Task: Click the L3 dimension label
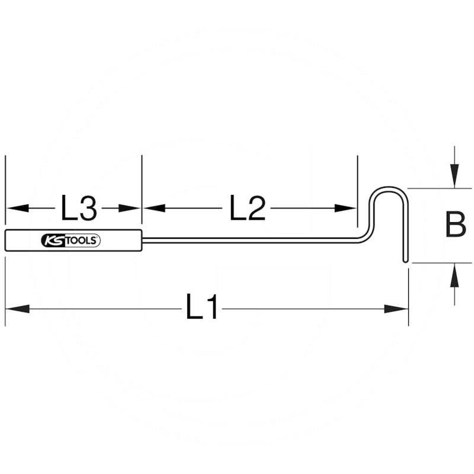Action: click(x=79, y=208)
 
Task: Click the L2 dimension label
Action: click(x=248, y=208)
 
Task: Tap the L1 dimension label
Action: click(x=202, y=307)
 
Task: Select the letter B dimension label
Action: click(x=456, y=225)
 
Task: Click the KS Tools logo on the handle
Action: click(x=71, y=241)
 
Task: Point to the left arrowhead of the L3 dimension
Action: click(x=17, y=208)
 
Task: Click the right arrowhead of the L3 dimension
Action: click(x=130, y=208)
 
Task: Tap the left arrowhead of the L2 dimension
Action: click(x=154, y=208)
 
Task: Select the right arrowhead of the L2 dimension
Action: click(x=346, y=208)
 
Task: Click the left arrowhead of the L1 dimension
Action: click(x=18, y=309)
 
